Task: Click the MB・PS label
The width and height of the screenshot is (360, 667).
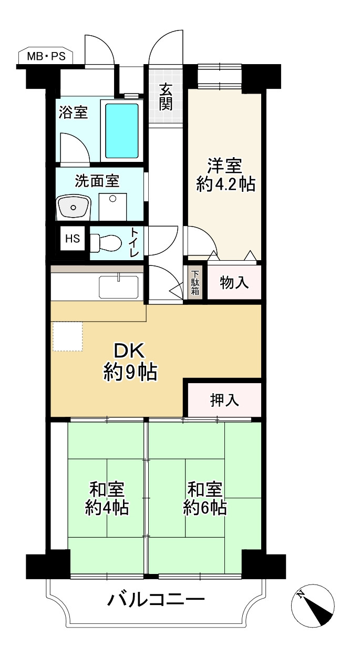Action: click(46, 56)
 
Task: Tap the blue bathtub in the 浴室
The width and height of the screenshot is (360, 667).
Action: click(122, 131)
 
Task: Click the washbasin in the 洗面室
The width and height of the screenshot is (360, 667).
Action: click(73, 207)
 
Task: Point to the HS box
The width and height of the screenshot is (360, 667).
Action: click(73, 239)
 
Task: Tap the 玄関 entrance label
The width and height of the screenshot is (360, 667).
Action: click(166, 97)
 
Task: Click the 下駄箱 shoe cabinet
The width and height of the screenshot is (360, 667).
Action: click(195, 282)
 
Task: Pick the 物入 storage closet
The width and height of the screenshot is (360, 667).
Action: click(234, 282)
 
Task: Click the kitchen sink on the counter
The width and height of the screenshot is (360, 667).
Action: click(119, 287)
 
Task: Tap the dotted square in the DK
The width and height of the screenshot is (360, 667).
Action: click(68, 336)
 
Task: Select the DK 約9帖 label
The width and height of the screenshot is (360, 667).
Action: click(130, 362)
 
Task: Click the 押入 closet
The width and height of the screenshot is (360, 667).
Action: click(224, 400)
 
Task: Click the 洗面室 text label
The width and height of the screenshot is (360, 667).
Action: click(97, 181)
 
